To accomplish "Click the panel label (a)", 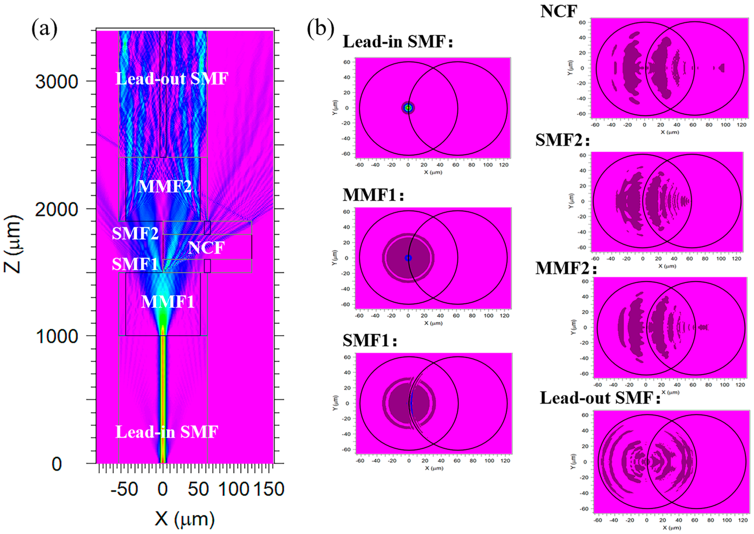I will (x=44, y=29).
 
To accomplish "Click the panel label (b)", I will (x=320, y=29).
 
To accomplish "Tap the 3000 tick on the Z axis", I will (x=57, y=81).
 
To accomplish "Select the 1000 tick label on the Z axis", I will (x=57, y=336).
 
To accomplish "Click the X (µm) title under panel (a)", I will (x=185, y=519).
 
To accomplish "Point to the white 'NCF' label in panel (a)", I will (x=206, y=248).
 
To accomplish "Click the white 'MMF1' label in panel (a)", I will (x=168, y=302).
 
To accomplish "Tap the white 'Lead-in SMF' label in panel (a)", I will (x=167, y=432).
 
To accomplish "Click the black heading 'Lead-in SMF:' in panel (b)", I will (x=398, y=42).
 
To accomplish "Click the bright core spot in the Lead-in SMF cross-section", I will (x=408, y=108).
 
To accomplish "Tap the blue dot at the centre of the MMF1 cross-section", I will (x=408, y=258).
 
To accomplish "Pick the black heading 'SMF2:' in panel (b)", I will (x=562, y=140).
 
